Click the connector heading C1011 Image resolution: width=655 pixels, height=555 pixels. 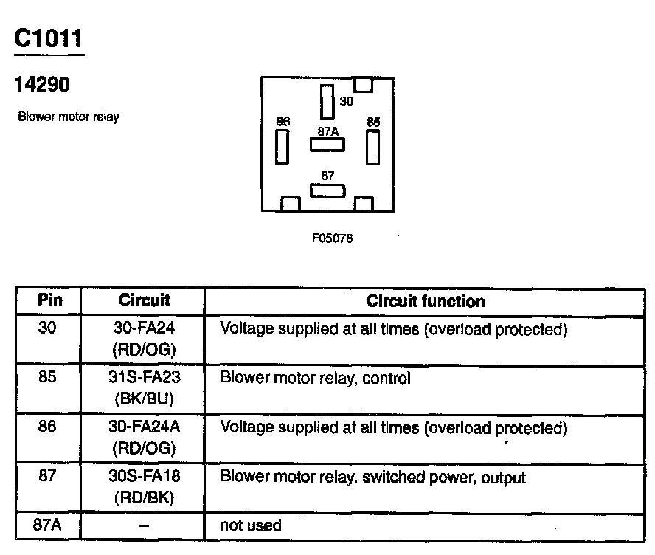tap(49, 39)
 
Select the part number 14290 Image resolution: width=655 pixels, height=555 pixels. tap(42, 85)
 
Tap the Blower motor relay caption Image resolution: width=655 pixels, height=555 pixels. tap(68, 117)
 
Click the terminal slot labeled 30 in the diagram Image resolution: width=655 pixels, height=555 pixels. tap(327, 102)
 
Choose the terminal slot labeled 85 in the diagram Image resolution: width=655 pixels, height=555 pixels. tap(372, 147)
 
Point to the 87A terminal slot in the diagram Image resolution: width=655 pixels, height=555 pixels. tap(327, 145)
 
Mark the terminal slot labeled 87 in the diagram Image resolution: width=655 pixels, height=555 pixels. tap(327, 190)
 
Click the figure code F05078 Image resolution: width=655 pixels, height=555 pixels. tap(327, 238)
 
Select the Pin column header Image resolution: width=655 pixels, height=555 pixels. tap(49, 300)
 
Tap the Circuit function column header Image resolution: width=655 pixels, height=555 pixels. tap(426, 301)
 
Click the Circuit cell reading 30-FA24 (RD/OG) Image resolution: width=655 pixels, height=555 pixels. tap(144, 338)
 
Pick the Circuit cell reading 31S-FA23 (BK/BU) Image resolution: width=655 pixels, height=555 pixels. tap(144, 388)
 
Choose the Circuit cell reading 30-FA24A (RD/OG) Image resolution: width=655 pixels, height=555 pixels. tap(144, 438)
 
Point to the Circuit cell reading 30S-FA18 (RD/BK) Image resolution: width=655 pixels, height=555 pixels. tap(144, 487)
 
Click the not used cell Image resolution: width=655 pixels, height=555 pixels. tap(251, 525)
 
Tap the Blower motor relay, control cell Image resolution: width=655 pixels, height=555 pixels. tap(315, 379)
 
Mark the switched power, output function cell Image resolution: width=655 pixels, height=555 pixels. tap(372, 478)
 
